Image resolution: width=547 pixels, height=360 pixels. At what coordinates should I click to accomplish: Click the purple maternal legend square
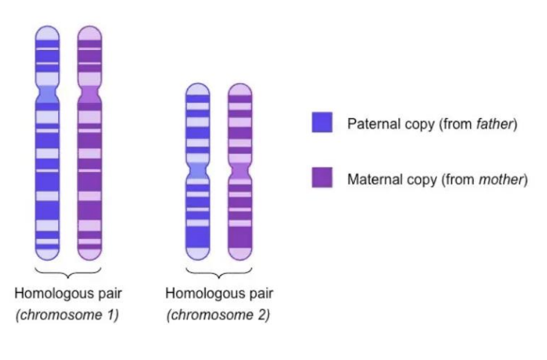tap(322, 178)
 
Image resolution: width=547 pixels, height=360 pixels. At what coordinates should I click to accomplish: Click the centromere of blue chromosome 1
tap(46, 95)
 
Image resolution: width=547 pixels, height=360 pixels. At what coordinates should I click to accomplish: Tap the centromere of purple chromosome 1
tap(90, 95)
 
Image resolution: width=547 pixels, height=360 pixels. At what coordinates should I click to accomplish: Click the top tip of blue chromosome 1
tap(46, 28)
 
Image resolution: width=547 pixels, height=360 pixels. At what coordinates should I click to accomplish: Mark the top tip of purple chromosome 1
tap(90, 28)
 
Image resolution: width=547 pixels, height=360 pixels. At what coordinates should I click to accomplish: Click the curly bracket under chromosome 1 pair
tap(68, 271)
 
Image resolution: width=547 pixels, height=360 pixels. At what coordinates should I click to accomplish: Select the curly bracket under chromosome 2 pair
tap(219, 271)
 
